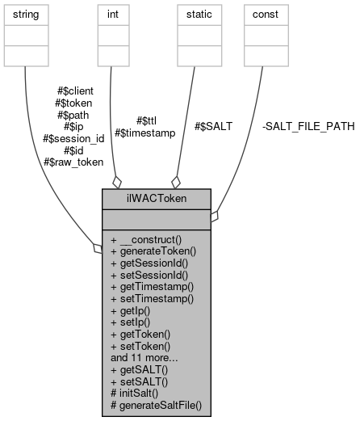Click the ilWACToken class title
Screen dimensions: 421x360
click(157, 198)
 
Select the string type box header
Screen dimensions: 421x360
click(26, 15)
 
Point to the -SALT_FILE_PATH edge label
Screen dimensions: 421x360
click(308, 126)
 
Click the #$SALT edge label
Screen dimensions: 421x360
click(213, 126)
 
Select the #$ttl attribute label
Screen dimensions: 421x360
click(144, 120)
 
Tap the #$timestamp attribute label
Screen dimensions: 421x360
click(144, 132)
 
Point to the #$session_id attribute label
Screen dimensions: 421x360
click(73, 137)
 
